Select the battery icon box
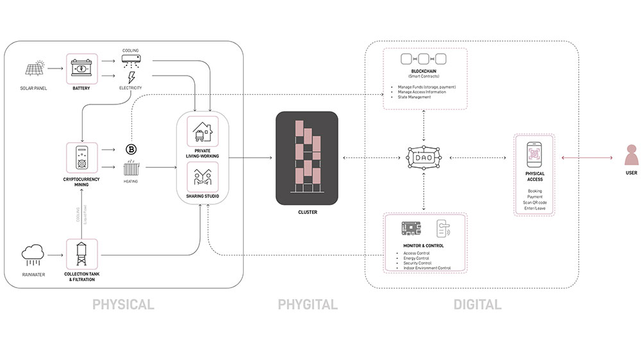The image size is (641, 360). (x=81, y=68)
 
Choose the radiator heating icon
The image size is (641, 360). (x=131, y=169)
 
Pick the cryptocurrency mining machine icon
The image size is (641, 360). (x=81, y=158)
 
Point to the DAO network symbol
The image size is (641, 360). (x=424, y=158)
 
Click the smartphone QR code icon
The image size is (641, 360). (x=535, y=154)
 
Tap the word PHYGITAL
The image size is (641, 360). (x=308, y=305)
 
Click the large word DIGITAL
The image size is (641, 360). (x=478, y=305)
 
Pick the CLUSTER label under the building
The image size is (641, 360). (x=307, y=212)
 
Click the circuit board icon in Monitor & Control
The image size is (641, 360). (x=410, y=229)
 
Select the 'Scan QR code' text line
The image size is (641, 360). (x=535, y=202)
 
